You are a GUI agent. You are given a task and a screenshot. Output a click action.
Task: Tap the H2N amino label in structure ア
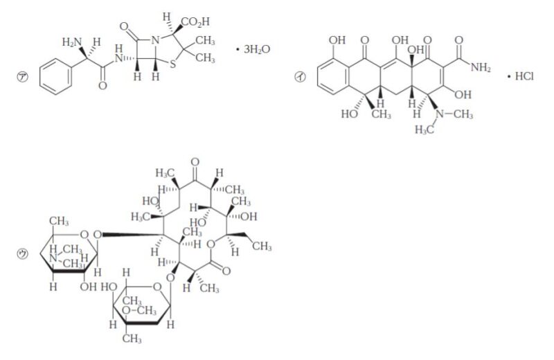(x=72, y=43)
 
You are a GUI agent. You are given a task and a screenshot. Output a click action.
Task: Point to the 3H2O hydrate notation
(x=253, y=50)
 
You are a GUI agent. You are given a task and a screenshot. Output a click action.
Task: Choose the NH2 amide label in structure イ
(x=478, y=66)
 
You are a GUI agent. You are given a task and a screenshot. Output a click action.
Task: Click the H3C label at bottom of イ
(x=425, y=129)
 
